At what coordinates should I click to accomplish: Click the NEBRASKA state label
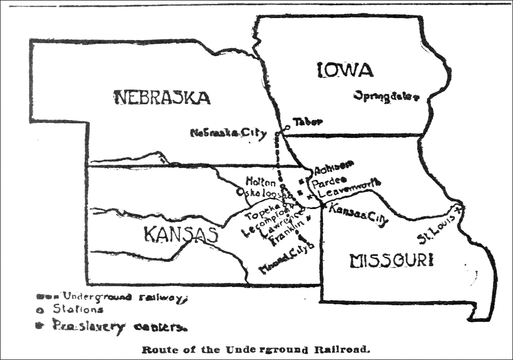coord(162,98)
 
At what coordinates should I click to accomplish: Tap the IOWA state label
coord(345,70)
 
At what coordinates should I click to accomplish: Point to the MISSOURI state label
coord(392,261)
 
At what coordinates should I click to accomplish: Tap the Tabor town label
coord(307,122)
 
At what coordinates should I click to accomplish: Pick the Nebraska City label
coord(228,133)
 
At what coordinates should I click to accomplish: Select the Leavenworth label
coord(350,189)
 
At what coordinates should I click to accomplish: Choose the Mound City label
coord(286,259)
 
